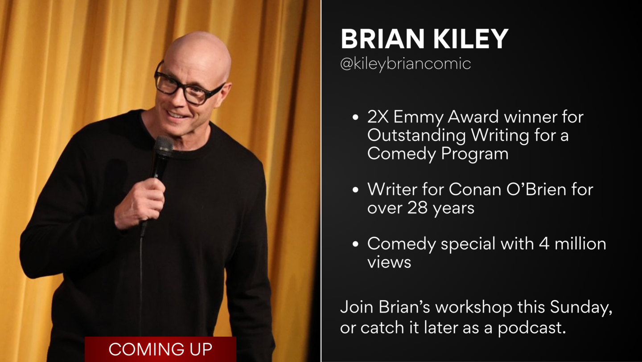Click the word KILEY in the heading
471,39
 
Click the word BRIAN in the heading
383,39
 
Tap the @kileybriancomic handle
405,64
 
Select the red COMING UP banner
160,349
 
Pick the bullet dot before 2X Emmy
355,117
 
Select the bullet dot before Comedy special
355,244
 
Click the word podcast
532,328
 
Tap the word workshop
474,307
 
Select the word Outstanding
416,136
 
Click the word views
389,262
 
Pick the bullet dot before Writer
355,190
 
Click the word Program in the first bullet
475,154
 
